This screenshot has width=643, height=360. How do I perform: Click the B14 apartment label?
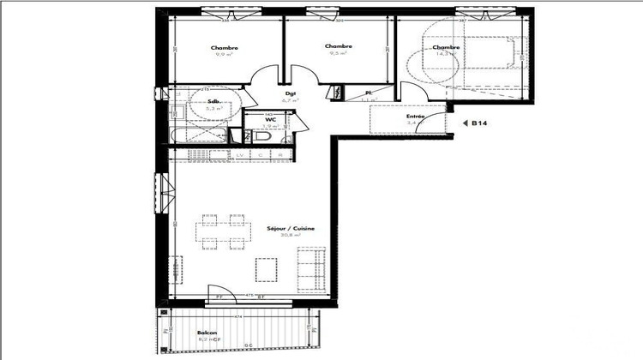481,123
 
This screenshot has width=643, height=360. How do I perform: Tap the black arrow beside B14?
465,123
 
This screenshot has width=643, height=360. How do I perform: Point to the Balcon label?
206,332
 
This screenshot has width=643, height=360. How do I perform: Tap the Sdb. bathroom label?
212,101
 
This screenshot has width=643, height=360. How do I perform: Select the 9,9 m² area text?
224,54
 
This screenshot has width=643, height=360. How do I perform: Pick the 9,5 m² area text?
338,53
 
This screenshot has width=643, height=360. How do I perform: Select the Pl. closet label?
368,93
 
